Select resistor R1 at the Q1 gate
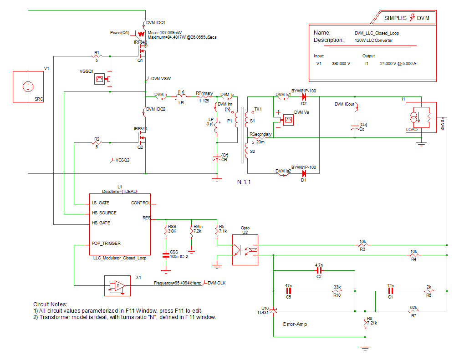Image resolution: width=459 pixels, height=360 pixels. [96, 56]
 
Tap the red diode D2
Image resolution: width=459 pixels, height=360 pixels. [303, 96]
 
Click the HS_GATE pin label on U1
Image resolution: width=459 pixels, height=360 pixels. [101, 223]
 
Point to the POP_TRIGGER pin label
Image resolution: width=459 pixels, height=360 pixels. [106, 243]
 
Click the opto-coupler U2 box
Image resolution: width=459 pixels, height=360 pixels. [245, 250]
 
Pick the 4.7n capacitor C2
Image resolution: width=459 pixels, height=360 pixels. [319, 270]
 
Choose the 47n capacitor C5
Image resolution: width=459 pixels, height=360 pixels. [288, 291]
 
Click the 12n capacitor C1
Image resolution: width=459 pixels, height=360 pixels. [390, 291]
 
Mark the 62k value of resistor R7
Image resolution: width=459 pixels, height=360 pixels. [413, 307]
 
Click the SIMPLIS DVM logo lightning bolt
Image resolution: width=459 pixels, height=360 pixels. [413, 18]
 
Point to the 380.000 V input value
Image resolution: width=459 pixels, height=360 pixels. [341, 64]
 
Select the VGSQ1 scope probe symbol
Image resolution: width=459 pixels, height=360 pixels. [99, 79]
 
